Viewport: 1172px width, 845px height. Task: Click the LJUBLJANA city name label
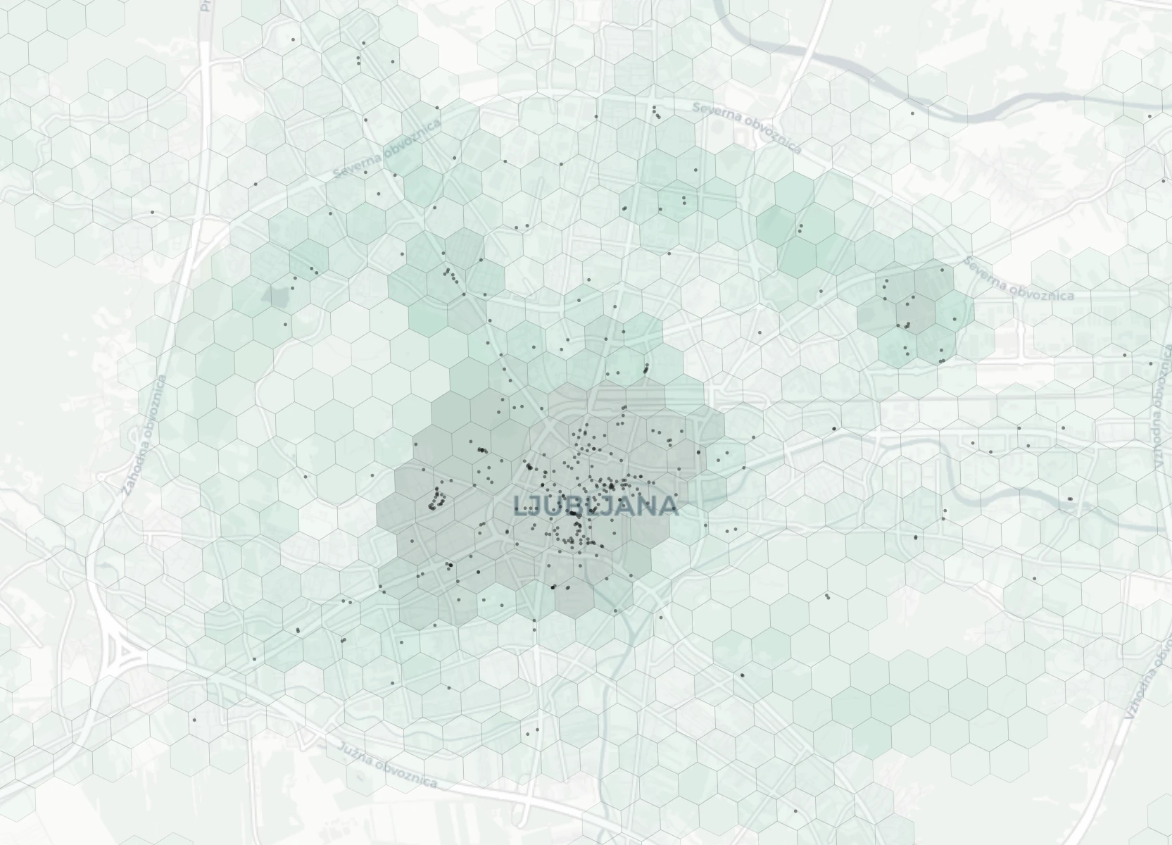click(x=596, y=506)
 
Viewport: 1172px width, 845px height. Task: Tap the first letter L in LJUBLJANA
click(x=522, y=506)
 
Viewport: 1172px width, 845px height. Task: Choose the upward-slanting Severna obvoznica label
click(x=387, y=149)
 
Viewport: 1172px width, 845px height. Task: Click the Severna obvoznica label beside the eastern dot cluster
click(x=1018, y=279)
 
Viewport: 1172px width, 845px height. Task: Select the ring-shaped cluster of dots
click(x=439, y=499)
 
